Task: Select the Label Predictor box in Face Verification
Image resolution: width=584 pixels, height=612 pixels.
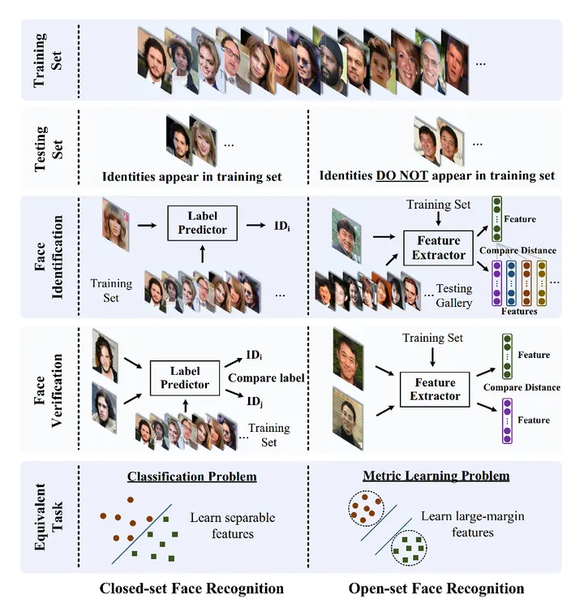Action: (185, 377)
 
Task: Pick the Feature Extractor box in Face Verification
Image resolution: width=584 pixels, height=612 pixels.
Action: (435, 389)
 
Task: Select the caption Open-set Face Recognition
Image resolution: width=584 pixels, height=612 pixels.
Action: (436, 588)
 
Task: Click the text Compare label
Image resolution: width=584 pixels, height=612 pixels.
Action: (266, 377)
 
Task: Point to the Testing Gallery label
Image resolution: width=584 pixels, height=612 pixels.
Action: (454, 295)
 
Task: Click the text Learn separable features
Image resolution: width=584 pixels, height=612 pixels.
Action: (232, 525)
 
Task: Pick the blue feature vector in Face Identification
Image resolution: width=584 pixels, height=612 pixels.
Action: (511, 282)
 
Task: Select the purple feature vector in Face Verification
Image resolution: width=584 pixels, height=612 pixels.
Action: (507, 420)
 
